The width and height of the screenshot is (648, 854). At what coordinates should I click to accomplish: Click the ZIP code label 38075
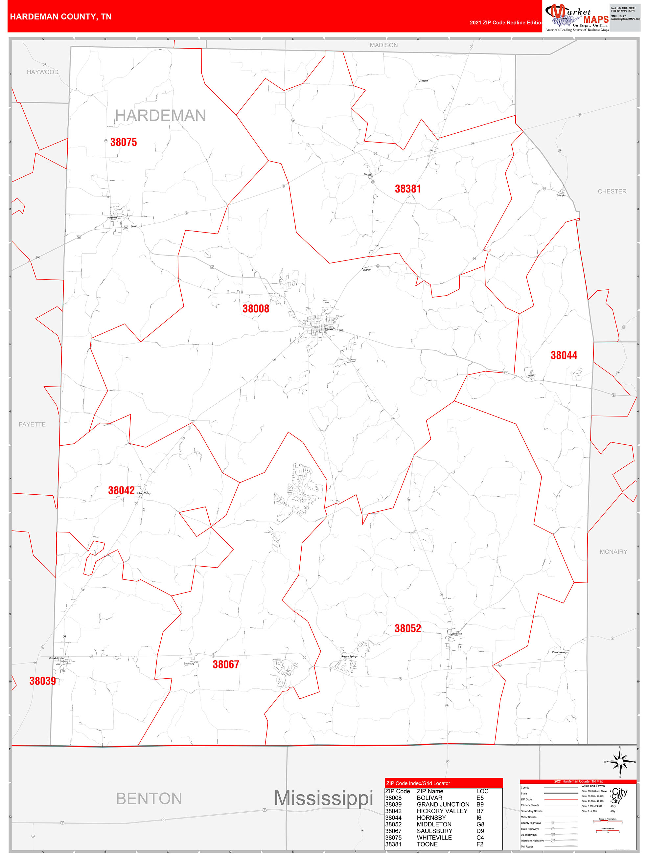click(124, 142)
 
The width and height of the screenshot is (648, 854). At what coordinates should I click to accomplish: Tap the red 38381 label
click(407, 189)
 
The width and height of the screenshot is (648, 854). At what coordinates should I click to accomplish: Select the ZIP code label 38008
click(256, 308)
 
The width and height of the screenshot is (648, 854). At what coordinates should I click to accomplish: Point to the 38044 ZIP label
click(564, 355)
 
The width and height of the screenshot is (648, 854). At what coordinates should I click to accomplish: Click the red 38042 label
click(121, 490)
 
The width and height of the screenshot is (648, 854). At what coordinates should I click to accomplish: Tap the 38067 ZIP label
click(225, 664)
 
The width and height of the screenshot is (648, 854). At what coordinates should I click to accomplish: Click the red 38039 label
click(42, 681)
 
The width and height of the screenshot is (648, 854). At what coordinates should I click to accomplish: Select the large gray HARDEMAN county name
click(160, 115)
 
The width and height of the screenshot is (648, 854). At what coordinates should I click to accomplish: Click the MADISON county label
click(383, 45)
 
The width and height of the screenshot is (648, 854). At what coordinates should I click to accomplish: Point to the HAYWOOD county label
click(42, 72)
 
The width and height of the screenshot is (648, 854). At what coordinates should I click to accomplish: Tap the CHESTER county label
click(612, 191)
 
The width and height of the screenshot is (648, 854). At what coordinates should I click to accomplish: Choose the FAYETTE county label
click(32, 424)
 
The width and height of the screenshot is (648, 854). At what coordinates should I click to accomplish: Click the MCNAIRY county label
click(613, 552)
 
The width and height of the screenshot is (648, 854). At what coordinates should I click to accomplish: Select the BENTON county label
click(149, 799)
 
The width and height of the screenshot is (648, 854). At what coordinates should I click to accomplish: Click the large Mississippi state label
click(323, 798)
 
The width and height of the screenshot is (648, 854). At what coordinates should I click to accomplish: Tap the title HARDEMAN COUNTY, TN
click(61, 17)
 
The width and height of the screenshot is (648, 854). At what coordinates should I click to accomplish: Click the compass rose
click(620, 762)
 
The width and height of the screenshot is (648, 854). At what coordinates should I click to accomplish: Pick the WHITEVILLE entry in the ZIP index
click(434, 837)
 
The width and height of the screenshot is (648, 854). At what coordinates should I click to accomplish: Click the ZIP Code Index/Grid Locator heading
click(418, 783)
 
